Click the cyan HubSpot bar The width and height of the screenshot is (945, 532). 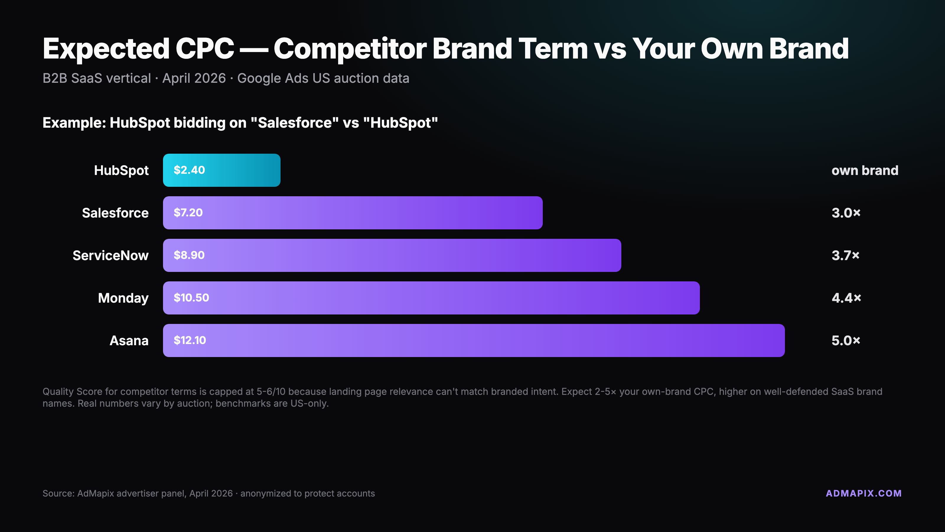click(221, 170)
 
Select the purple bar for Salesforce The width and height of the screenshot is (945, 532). click(353, 213)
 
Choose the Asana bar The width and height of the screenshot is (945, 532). click(474, 341)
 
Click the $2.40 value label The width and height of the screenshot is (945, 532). click(189, 170)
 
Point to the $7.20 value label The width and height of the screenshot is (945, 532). click(188, 213)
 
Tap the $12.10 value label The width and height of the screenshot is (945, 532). click(190, 341)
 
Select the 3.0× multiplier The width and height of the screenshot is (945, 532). click(846, 213)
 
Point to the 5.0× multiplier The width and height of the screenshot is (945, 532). click(846, 341)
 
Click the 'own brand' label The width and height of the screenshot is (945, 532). click(865, 170)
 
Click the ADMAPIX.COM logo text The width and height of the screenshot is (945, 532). click(864, 494)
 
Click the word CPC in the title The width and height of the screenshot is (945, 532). click(205, 48)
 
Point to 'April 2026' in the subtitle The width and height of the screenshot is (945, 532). click(194, 79)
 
